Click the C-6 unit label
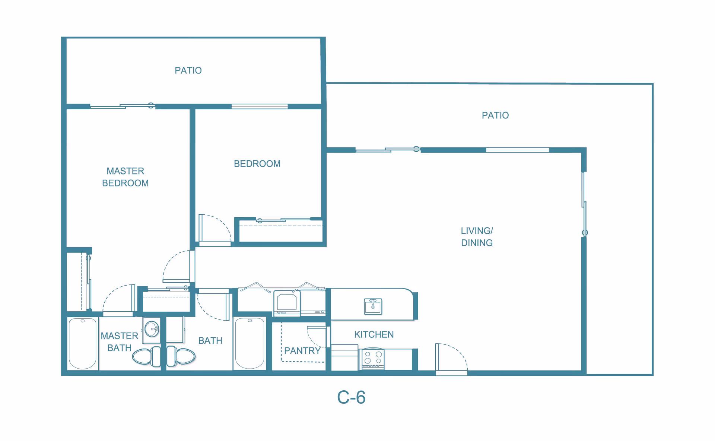tap(351, 397)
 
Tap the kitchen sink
tap(373, 306)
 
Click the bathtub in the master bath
tap(83, 343)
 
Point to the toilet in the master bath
tap(146, 356)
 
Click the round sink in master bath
tap(152, 329)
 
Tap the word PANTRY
tap(302, 351)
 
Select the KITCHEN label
tap(374, 334)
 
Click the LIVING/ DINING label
tap(477, 237)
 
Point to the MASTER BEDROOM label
tap(125, 177)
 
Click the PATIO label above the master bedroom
tap(188, 70)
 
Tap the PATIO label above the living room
tap(495, 115)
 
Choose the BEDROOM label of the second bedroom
tap(257, 164)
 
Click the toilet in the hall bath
tap(181, 356)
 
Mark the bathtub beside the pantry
tap(250, 343)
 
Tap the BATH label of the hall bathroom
tap(210, 341)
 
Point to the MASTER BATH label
tap(120, 342)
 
